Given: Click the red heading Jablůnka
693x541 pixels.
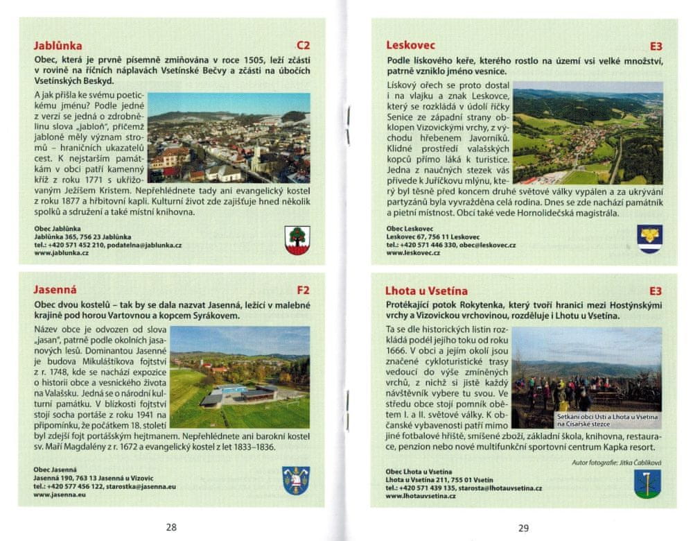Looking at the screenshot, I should click(x=58, y=47).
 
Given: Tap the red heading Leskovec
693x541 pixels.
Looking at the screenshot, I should click(x=411, y=46).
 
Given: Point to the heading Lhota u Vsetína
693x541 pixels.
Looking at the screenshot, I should click(x=427, y=291).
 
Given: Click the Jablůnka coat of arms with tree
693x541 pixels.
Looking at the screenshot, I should click(x=297, y=239).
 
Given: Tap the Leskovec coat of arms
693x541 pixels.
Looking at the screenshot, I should click(x=650, y=239).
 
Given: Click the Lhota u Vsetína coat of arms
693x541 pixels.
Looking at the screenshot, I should click(x=647, y=483).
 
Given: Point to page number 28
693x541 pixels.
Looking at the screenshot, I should click(x=171, y=527).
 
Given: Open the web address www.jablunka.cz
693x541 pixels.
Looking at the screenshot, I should click(x=61, y=253).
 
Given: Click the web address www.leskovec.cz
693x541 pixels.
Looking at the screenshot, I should click(x=413, y=253).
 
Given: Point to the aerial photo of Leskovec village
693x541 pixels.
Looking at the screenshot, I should click(x=588, y=136).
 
